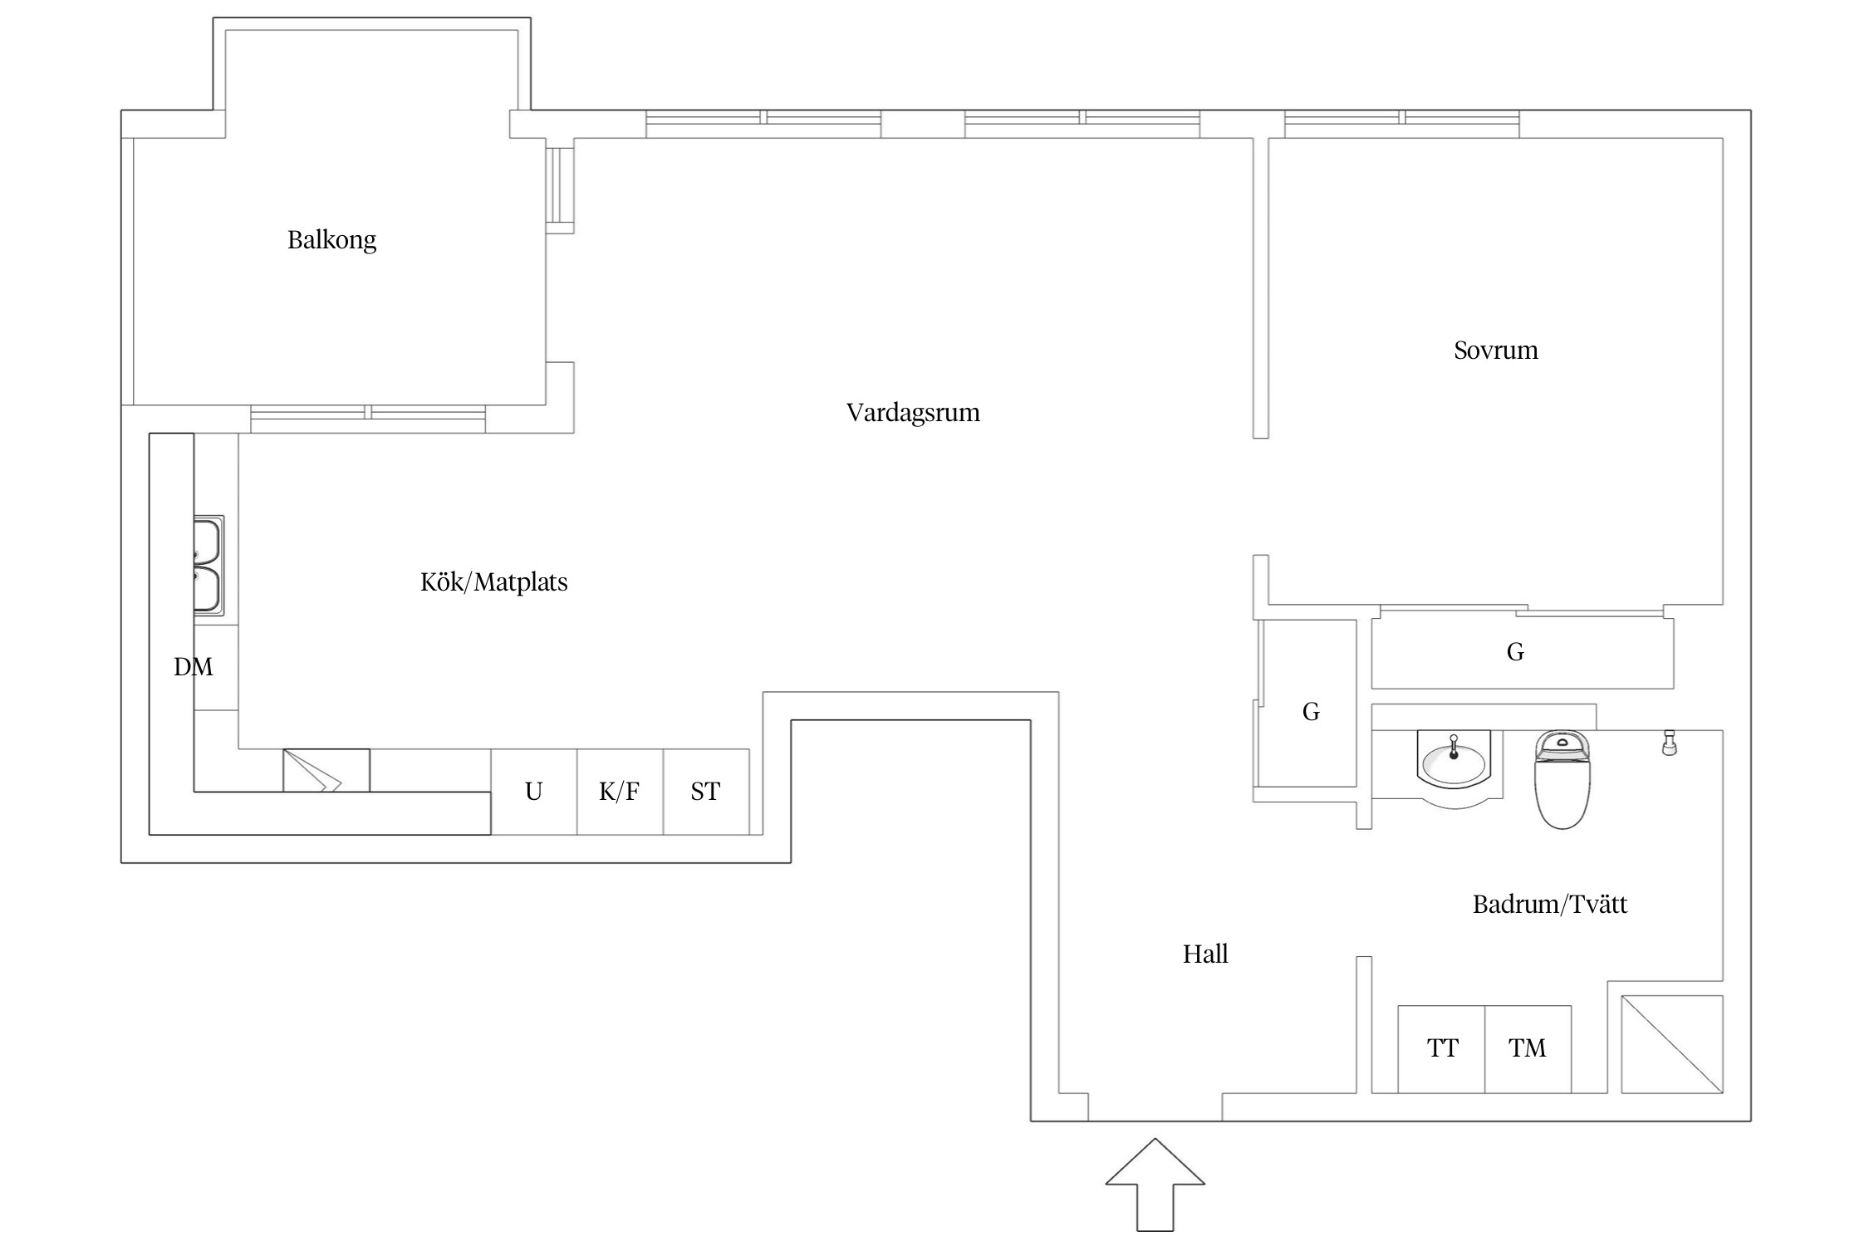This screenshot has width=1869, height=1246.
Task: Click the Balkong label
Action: (331, 240)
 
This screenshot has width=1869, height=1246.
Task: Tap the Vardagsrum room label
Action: (913, 413)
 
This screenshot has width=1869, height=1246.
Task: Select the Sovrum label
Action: (1495, 351)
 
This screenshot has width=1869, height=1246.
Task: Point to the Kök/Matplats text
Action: (493, 582)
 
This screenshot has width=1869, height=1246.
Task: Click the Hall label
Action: (1204, 954)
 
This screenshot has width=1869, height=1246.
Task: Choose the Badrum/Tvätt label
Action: (1549, 905)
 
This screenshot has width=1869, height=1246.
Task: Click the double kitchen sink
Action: (208, 565)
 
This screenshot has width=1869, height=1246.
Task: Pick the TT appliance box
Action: (1442, 1049)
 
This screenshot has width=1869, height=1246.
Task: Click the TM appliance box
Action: (1528, 1049)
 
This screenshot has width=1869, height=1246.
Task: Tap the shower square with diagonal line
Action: (1672, 1044)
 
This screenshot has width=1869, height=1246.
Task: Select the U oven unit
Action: (533, 792)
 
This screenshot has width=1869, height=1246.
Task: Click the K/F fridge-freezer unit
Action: (620, 792)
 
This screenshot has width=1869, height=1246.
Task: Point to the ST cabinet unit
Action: (705, 792)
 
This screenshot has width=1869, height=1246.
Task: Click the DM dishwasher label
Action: (194, 667)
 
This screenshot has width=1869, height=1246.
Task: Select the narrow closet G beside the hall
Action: (1310, 712)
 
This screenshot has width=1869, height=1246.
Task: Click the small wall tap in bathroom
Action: (1669, 743)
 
